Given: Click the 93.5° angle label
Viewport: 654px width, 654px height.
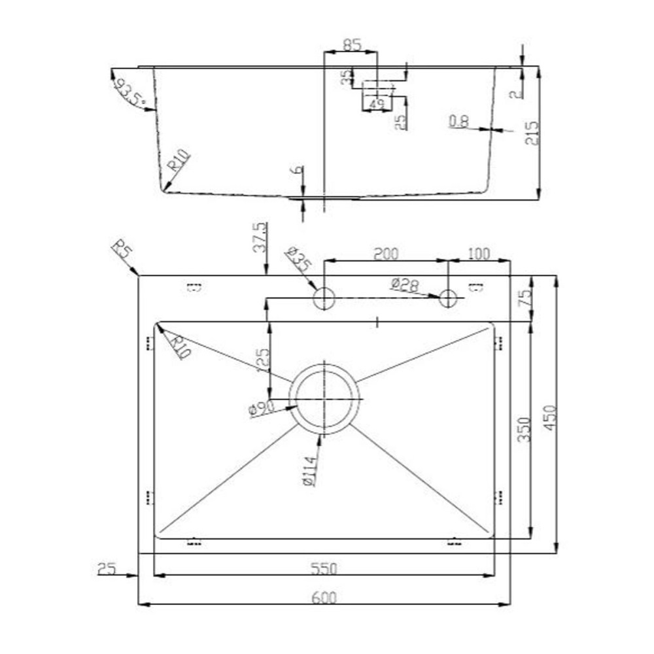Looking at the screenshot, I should tap(129, 92).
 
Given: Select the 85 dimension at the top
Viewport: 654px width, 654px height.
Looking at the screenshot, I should tap(351, 46).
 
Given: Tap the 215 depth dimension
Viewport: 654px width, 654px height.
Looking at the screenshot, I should tap(531, 133).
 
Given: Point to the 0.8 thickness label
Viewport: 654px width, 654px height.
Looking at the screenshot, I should tap(459, 121).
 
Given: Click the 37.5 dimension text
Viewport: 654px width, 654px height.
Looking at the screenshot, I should tap(260, 237).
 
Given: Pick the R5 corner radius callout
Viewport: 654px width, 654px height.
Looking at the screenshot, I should tap(121, 250).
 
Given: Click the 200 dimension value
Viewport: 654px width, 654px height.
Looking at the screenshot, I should tap(386, 254).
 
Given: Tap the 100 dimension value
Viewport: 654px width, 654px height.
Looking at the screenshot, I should tap(479, 254).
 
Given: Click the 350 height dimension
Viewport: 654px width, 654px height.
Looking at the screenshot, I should tap(524, 429).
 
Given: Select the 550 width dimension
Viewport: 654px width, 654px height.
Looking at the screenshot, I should tap(324, 569).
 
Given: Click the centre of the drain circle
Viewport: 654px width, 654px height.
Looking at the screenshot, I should tap(325, 399).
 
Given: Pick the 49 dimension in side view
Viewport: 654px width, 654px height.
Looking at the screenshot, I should tap(376, 104).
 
